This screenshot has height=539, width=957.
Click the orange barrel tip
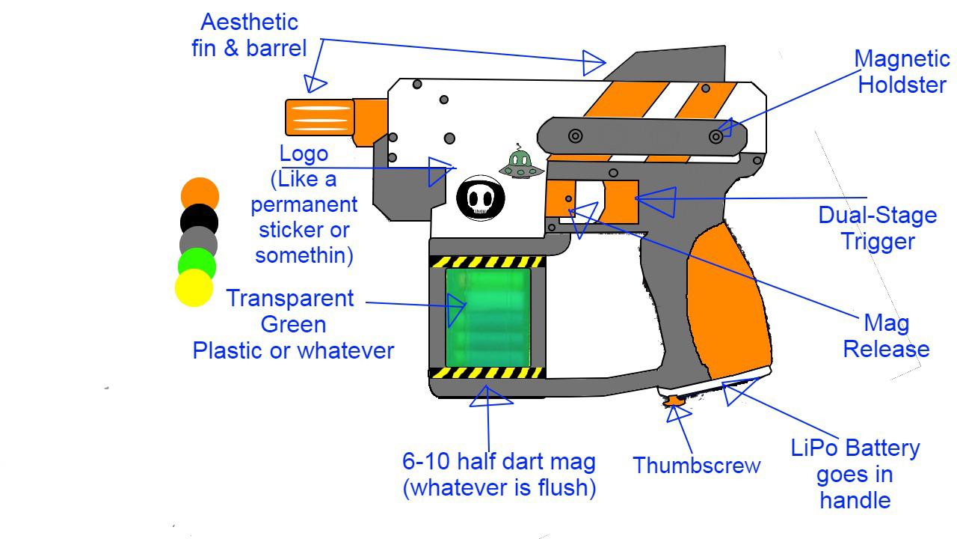tap(319, 118)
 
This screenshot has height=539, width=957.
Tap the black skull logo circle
tap(481, 198)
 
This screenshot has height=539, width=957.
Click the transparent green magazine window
tap(488, 317)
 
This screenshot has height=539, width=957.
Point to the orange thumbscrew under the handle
tap(674, 402)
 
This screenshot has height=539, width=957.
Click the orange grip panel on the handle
tap(729, 299)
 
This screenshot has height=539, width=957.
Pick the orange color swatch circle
tap(200, 196)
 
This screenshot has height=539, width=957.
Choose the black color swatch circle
tap(200, 221)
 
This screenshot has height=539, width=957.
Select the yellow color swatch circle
tap(194, 288)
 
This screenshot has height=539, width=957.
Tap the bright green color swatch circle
tap(197, 265)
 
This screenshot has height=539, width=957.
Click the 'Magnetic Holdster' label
tap(902, 72)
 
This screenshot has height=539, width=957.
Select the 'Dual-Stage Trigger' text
tap(877, 228)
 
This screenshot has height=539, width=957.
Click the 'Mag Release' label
tap(886, 336)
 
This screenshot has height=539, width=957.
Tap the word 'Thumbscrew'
tap(697, 466)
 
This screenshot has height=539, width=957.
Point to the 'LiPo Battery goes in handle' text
tap(855, 474)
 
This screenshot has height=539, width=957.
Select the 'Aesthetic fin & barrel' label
tap(248, 35)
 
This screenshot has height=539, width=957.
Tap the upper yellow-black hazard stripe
tap(487, 261)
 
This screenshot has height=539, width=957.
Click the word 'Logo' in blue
tap(304, 153)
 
